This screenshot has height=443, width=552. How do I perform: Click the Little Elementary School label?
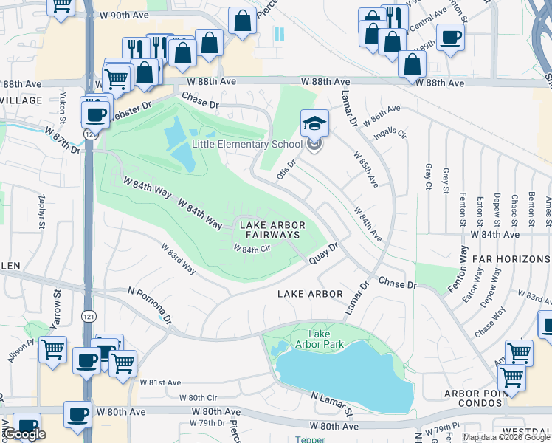pos(247,144)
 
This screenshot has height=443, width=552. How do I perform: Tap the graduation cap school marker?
pos(314,123)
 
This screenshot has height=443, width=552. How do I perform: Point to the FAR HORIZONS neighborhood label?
pos(511,259)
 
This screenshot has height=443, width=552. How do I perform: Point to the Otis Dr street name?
pos(285,169)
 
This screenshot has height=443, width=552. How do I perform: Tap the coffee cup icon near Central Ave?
pos(450,36)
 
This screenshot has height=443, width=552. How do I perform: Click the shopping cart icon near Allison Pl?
pos(53,349)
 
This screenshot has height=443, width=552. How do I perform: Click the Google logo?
pos(25,434)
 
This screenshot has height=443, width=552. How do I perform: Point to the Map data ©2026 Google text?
pos(506,437)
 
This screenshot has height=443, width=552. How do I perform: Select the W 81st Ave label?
pos(160,382)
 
